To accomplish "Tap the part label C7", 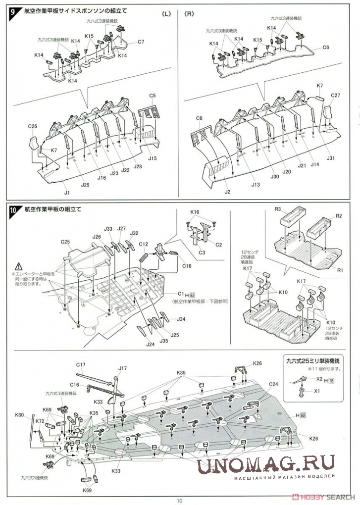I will [x=141, y=42].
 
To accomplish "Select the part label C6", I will [x=326, y=48].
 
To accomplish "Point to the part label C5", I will [x=153, y=95].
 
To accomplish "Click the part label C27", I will [x=335, y=95].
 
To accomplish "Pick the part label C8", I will [x=200, y=118].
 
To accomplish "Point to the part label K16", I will [x=195, y=212].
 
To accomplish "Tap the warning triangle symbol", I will [x=19, y=266].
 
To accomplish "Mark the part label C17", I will [x=82, y=365].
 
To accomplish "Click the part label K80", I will [x=20, y=415].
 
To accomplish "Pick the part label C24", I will [x=274, y=384].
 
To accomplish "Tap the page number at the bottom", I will [x=179, y=501].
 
